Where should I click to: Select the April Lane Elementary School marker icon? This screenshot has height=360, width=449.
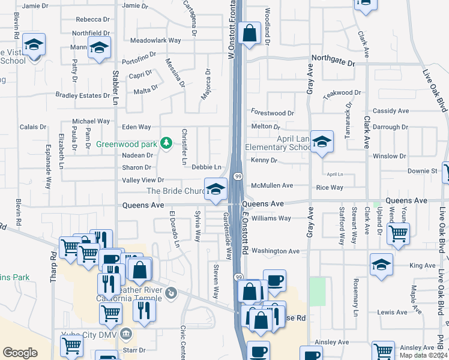322,142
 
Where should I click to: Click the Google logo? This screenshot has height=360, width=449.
20,353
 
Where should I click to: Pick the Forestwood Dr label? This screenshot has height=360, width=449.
273,113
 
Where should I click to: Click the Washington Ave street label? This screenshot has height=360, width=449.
275,251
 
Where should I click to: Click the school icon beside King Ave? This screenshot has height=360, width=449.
381,265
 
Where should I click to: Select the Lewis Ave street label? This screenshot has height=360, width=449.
393,313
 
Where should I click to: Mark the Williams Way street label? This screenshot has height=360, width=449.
271,218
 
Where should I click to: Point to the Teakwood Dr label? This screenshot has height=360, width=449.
342,93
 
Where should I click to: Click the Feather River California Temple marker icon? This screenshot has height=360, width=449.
172,293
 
